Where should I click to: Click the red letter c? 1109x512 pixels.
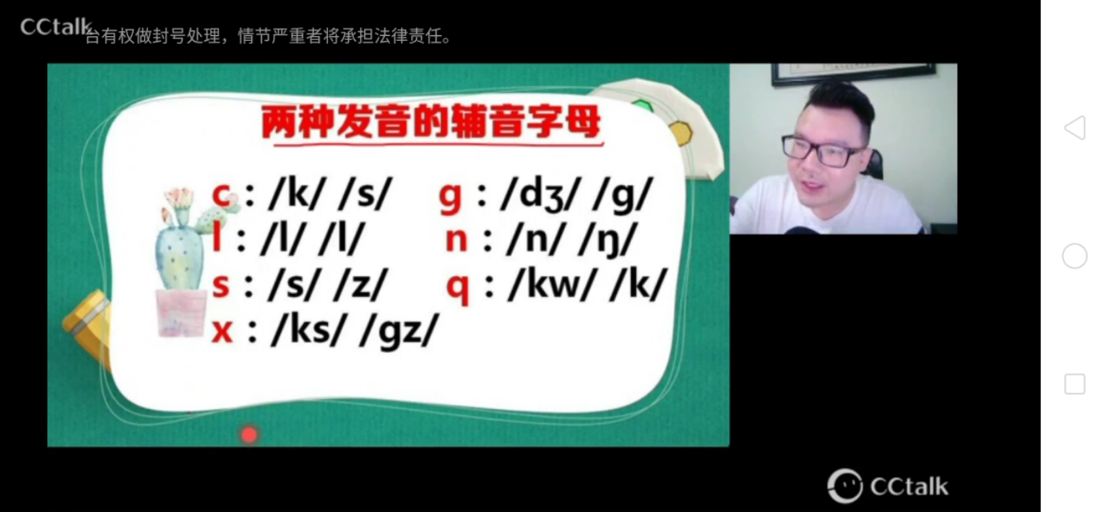tap(222, 194)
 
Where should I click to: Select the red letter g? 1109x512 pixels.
tap(450, 197)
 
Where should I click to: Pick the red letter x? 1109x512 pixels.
tap(222, 330)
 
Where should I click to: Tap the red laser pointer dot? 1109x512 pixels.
tap(250, 434)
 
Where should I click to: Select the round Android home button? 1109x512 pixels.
tap(1075, 256)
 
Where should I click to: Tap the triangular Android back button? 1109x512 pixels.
tap(1075, 128)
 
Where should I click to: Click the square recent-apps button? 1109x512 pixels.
tap(1075, 384)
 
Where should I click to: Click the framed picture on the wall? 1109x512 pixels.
tap(853, 73)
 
